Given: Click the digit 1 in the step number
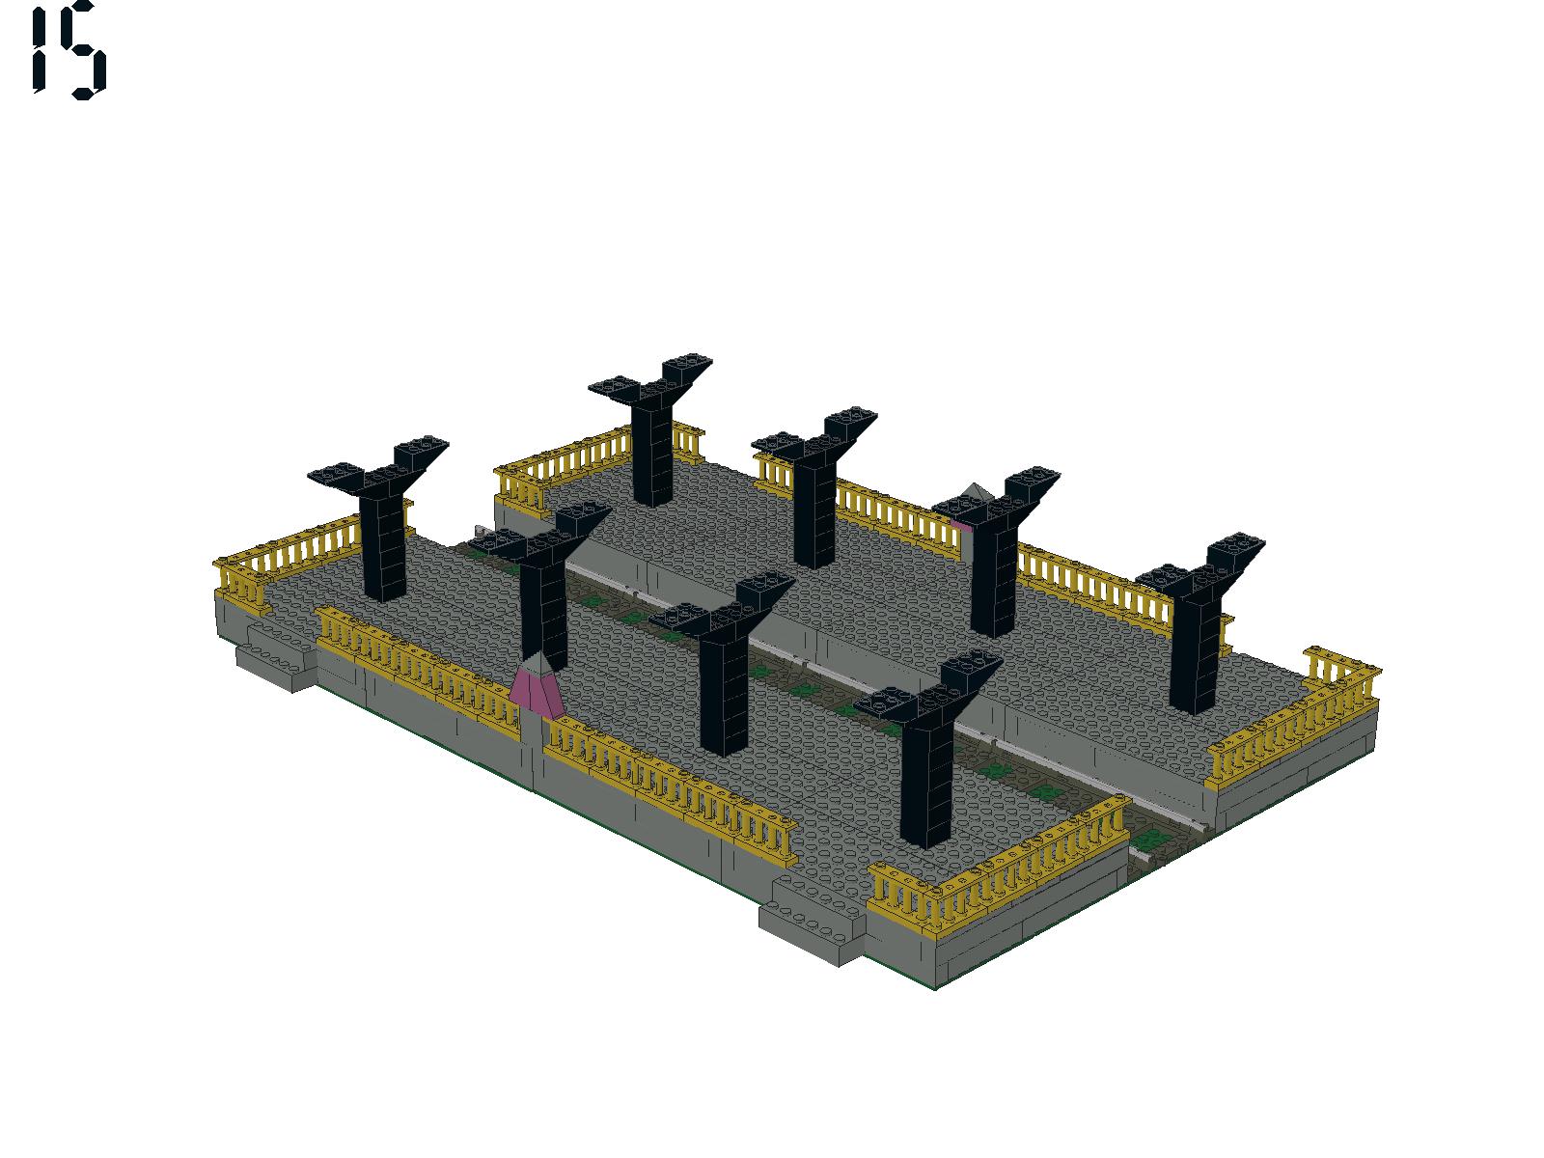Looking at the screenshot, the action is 39,50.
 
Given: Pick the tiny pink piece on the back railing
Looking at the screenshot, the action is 960,523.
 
